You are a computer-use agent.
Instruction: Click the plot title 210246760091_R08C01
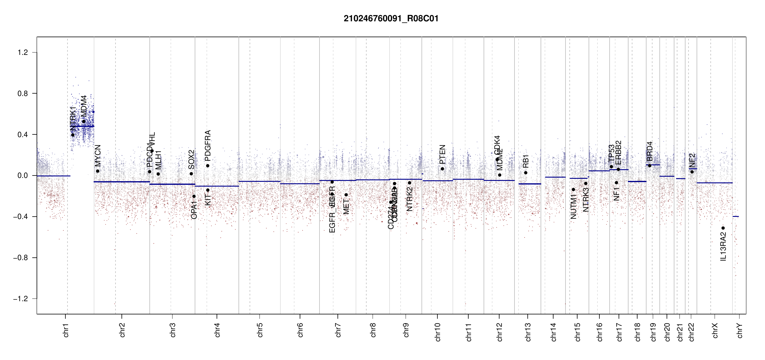pos(391,19)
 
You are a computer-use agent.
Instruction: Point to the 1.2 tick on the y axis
pos(22,52)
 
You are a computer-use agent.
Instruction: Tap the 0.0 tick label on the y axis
pos(22,175)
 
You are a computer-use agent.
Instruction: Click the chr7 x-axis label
pos(338,330)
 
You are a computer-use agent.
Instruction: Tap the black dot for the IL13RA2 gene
pos(723,228)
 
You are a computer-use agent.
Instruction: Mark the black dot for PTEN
pos(442,169)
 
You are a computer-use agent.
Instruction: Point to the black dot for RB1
pos(526,173)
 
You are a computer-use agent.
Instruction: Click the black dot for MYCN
pos(97,171)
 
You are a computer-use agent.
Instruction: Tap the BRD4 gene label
pos(649,151)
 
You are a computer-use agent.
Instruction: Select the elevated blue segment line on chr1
pos(82,126)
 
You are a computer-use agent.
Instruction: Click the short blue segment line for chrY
pos(736,216)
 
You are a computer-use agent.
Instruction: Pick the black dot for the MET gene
pos(346,195)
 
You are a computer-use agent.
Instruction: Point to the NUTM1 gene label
pos(573,207)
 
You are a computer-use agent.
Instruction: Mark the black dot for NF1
pos(616,183)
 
